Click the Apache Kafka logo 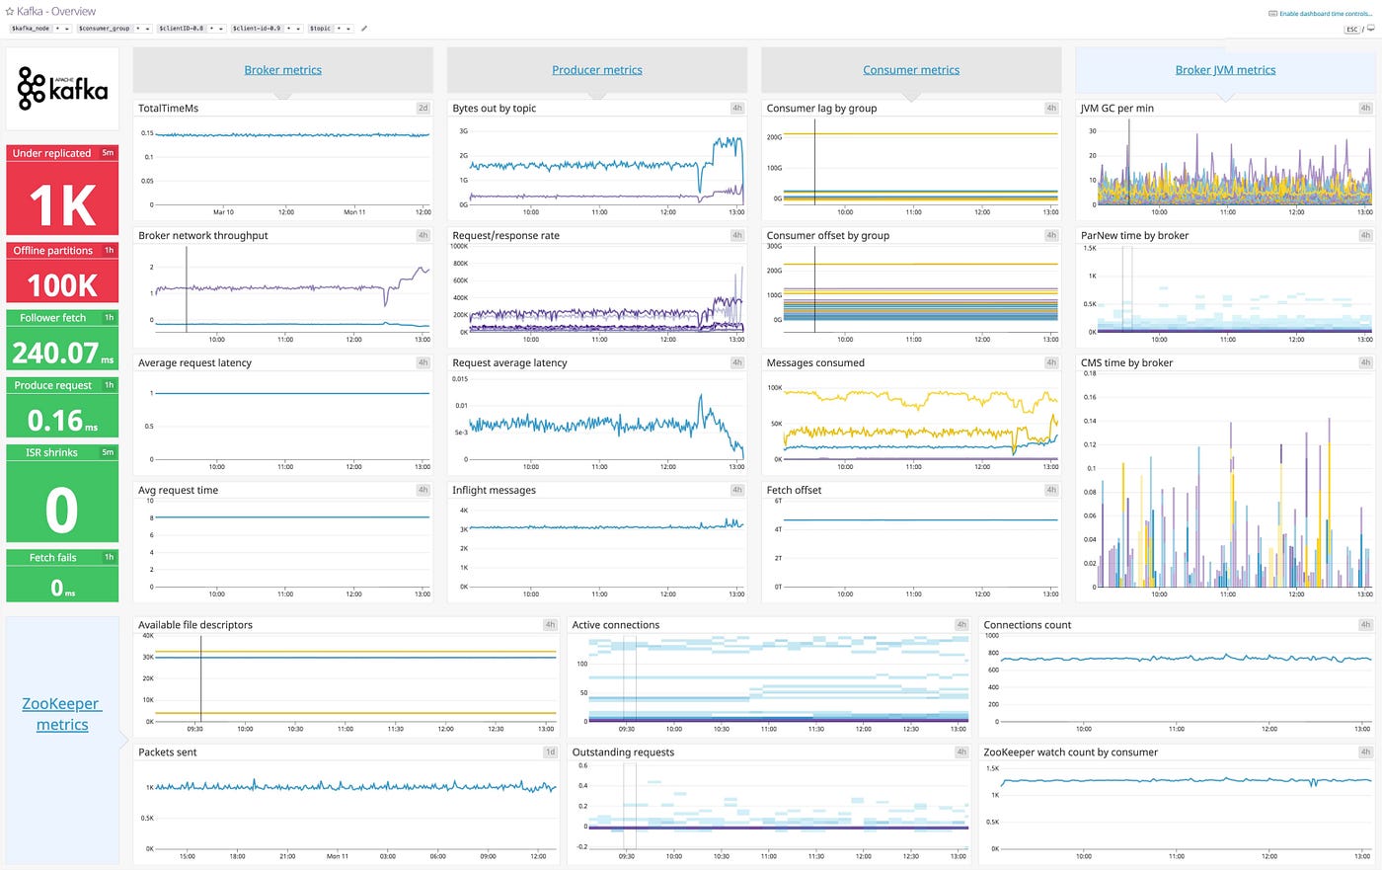click(x=62, y=88)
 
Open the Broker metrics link click(x=282, y=70)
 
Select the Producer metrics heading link click(x=596, y=70)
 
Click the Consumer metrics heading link click(x=910, y=70)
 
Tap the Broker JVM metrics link click(x=1225, y=70)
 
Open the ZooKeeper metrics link click(x=62, y=714)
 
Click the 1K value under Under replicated click(x=62, y=205)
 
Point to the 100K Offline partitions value click(x=62, y=285)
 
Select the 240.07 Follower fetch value click(x=56, y=353)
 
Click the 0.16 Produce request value click(x=55, y=421)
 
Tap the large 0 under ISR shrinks click(x=61, y=511)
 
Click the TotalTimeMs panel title click(x=168, y=109)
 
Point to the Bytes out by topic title click(x=494, y=109)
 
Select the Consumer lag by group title click(x=821, y=109)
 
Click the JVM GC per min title click(x=1116, y=109)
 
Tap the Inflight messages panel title click(x=494, y=490)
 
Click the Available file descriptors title click(x=194, y=625)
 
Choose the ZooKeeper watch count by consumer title click(x=1070, y=752)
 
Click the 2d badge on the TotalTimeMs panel click(x=422, y=109)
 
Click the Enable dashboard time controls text click(x=1325, y=14)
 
